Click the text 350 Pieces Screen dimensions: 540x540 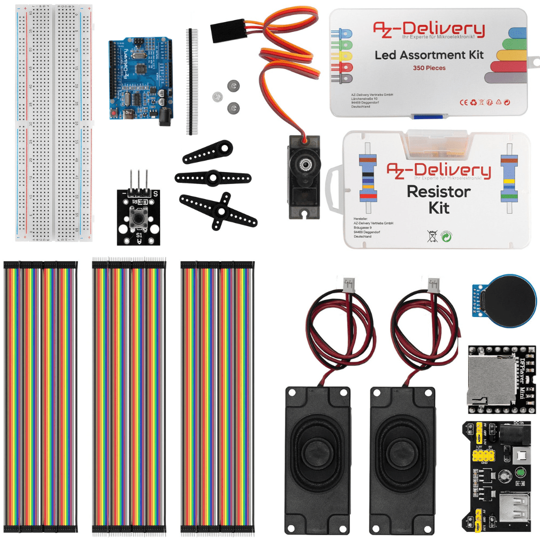(x=429, y=68)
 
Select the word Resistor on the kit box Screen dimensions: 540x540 (x=438, y=191)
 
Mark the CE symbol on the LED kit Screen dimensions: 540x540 (x=463, y=102)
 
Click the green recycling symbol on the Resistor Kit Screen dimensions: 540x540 (x=446, y=236)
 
